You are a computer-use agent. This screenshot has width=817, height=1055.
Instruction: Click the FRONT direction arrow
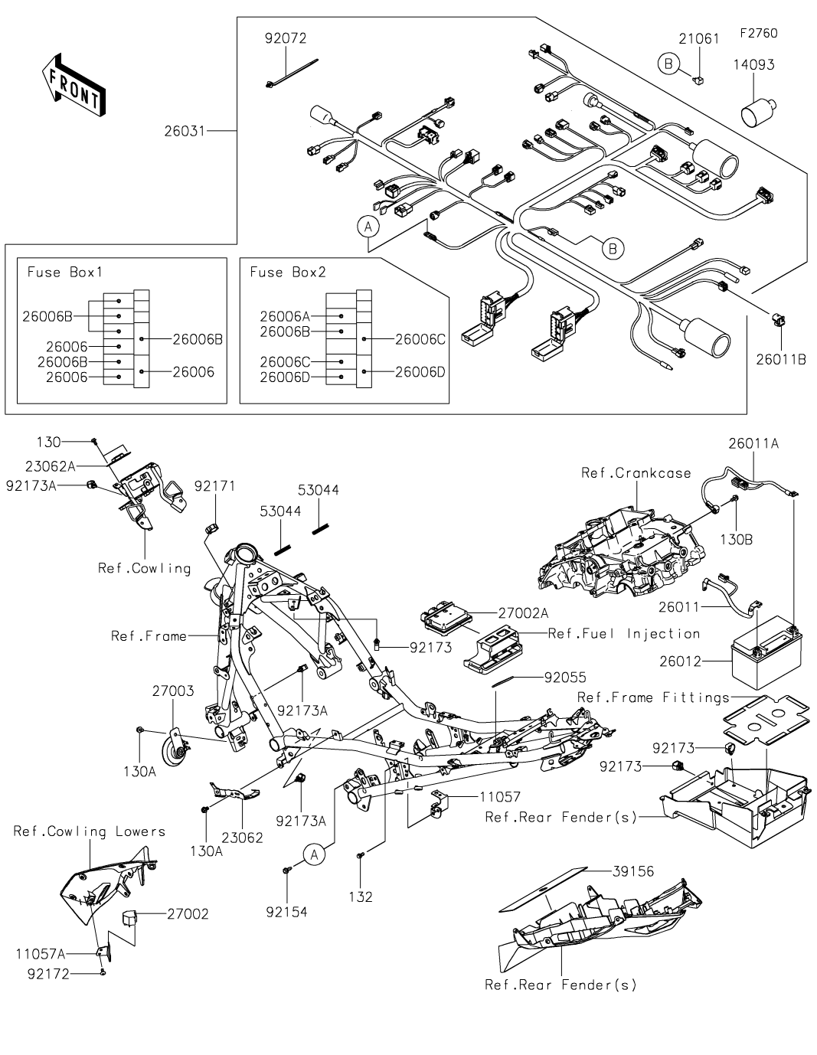[74, 86]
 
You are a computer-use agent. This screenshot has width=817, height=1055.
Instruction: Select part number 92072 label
[286, 38]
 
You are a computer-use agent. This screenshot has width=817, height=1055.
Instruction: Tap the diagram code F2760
[759, 33]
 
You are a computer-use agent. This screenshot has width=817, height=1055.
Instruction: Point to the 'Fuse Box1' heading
[64, 272]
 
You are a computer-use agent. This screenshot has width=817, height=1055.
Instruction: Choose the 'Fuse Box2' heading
[287, 272]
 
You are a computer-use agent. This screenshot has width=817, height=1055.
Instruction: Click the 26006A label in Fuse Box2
[285, 316]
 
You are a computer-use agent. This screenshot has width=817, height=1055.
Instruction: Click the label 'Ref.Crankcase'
[636, 473]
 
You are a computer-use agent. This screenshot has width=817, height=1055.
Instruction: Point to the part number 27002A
[523, 613]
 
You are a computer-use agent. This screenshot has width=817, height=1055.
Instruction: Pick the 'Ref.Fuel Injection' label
[624, 634]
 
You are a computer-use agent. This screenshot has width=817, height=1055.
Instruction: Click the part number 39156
[633, 871]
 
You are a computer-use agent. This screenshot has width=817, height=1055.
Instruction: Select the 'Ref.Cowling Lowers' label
[90, 831]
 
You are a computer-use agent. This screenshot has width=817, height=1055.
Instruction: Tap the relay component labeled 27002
[128, 917]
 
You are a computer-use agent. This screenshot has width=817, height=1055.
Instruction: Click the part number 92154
[287, 913]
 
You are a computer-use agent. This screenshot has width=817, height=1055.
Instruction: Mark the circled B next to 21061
[668, 64]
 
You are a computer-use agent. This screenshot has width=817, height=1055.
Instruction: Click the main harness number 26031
[185, 131]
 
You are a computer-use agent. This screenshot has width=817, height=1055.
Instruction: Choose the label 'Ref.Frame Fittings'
[653, 697]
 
